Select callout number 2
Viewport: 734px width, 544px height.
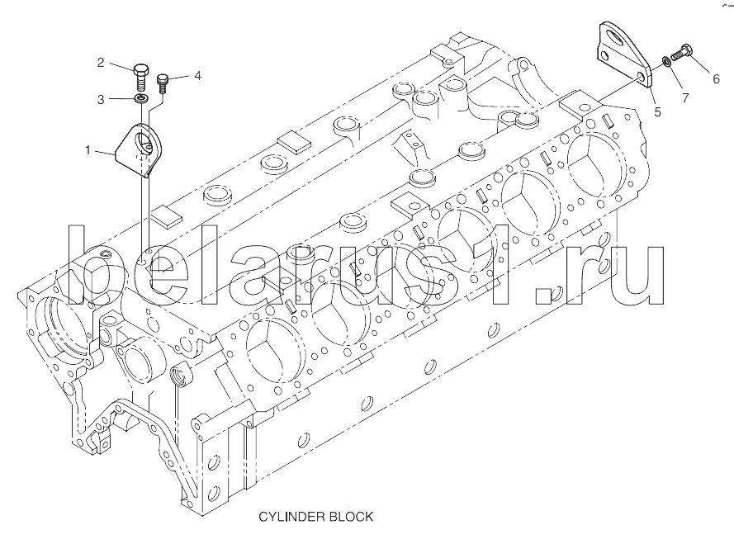pyautogui.click(x=101, y=63)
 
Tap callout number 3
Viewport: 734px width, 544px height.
pyautogui.click(x=101, y=99)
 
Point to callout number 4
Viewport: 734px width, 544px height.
pyautogui.click(x=197, y=75)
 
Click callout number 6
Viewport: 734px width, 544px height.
pyautogui.click(x=717, y=79)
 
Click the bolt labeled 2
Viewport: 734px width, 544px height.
pyautogui.click(x=140, y=76)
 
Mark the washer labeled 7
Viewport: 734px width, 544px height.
pyautogui.click(x=665, y=64)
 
